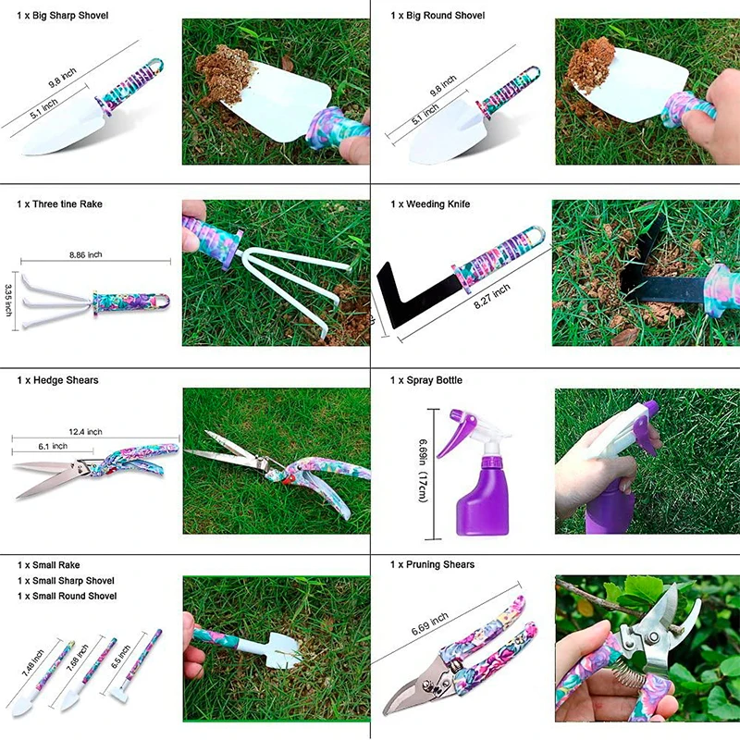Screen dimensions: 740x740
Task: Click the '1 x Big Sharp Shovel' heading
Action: click(62, 16)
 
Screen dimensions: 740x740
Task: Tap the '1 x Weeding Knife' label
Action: click(430, 204)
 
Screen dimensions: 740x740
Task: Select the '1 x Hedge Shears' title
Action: click(57, 380)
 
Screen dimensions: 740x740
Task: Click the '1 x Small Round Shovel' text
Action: click(67, 596)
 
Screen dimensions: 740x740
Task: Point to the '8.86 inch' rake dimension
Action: click(85, 255)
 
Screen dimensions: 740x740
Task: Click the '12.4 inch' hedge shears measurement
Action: click(85, 432)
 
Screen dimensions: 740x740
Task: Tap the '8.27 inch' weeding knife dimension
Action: click(492, 296)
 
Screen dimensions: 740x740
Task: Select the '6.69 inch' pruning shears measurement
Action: click(429, 623)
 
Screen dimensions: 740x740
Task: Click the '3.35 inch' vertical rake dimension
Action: click(8, 300)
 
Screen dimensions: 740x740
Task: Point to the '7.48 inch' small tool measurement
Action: click(32, 662)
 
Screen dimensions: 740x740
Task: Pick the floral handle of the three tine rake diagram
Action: click(130, 302)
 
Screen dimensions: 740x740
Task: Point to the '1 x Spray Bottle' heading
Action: click(425, 380)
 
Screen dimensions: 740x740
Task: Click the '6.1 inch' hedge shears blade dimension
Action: click(53, 447)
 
